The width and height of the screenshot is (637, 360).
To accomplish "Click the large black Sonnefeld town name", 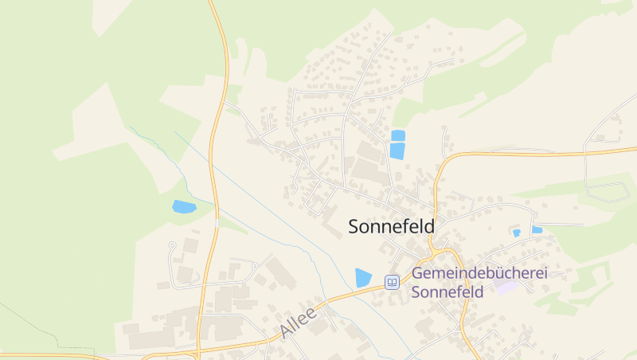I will coord(392,227).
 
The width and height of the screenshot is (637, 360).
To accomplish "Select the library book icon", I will coord(392,282).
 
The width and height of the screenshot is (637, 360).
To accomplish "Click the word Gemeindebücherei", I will coord(479,273).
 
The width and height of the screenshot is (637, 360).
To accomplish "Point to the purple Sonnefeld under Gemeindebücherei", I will coord(447,292).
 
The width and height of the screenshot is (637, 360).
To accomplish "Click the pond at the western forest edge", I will coord(184,207).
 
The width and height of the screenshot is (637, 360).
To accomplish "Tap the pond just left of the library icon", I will coord(363,278).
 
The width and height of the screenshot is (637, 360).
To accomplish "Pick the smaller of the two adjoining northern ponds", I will coord(398,135).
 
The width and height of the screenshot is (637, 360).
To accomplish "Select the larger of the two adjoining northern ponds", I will coord(397,151).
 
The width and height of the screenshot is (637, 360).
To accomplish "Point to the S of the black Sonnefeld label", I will coord(354,227).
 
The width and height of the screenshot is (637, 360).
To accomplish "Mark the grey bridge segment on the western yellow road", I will coord(217,223).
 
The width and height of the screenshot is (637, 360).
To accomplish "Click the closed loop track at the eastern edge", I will coord(607,192).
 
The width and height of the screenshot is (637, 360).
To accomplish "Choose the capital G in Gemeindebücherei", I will coord(417,273).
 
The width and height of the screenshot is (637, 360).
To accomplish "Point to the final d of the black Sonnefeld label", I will coord(430,227).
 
